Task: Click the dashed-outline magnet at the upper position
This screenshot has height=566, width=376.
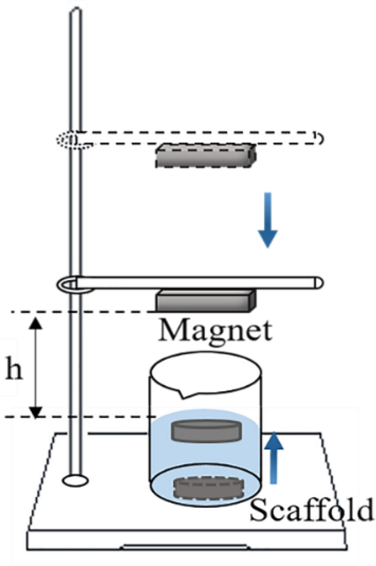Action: click(x=206, y=156)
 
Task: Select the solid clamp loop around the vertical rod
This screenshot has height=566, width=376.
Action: click(x=69, y=284)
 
